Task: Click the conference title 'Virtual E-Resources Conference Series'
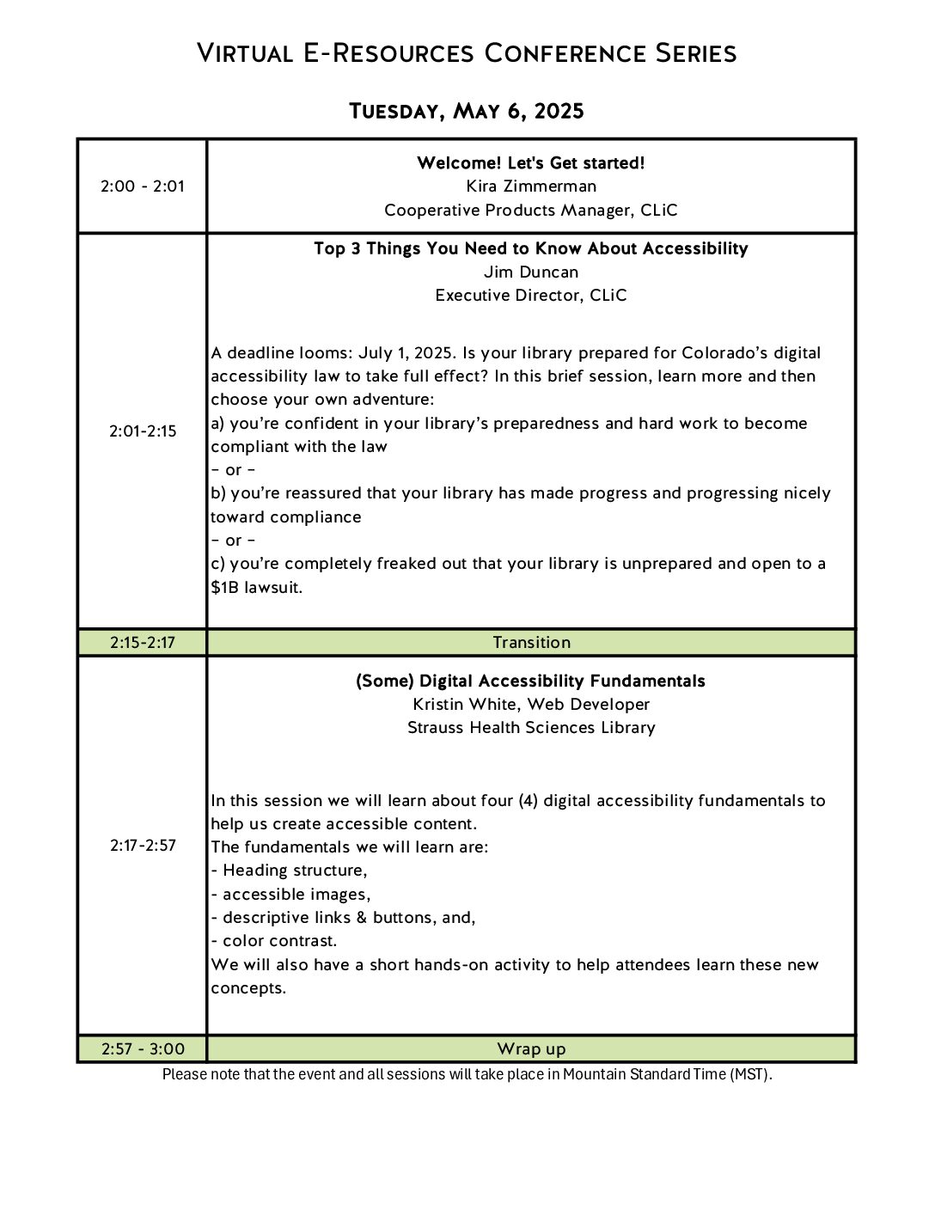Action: click(467, 53)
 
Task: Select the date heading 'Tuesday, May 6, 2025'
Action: click(467, 112)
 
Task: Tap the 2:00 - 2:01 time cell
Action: click(143, 186)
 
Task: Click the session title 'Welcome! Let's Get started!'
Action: click(531, 163)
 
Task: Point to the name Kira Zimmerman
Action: click(531, 186)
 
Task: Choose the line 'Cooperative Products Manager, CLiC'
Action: click(531, 211)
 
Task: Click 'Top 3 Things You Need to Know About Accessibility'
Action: click(531, 249)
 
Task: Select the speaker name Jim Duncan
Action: click(531, 272)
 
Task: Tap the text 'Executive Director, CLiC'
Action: click(531, 296)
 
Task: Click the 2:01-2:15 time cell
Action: click(143, 431)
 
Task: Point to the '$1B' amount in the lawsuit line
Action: click(226, 588)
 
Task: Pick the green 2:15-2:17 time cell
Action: click(143, 643)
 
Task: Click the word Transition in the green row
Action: click(531, 643)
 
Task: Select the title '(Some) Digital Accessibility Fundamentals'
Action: click(531, 681)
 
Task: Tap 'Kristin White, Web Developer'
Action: click(531, 705)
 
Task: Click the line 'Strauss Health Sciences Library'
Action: click(531, 728)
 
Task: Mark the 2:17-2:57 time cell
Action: click(143, 846)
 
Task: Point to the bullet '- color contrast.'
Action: click(274, 941)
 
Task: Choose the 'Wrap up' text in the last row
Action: click(531, 1049)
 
